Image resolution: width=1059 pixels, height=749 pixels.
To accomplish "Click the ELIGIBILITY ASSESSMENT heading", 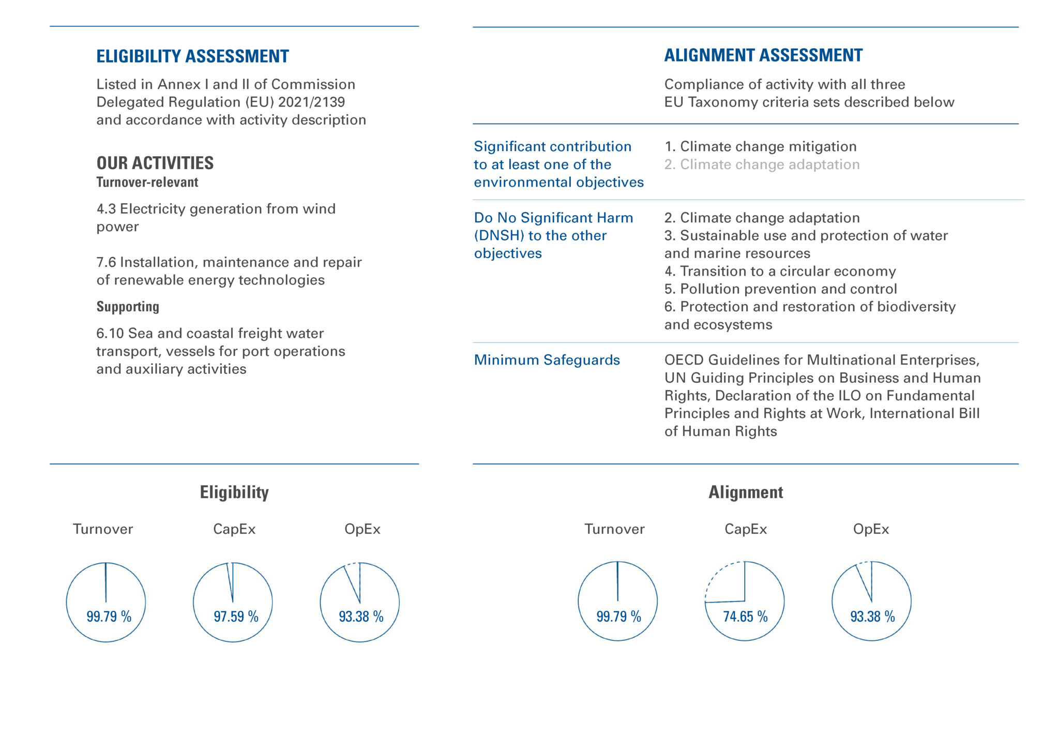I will point(192,56).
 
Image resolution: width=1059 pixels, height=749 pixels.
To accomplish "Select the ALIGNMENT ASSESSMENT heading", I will point(763,55).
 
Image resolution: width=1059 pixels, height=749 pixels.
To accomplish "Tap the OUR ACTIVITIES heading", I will point(155,163).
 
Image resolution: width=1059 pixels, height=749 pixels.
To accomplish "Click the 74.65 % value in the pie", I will point(745,616).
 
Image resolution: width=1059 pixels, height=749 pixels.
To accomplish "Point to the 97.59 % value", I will point(236,616).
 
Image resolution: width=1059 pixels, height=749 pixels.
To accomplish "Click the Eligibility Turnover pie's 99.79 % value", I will point(109,616).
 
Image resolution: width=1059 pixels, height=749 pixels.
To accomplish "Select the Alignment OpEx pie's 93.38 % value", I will point(872,616).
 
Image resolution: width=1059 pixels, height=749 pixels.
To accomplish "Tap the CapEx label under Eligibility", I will point(234,529).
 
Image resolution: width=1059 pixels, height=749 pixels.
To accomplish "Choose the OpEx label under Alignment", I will point(871,529).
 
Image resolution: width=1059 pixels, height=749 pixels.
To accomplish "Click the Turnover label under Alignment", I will point(614,529).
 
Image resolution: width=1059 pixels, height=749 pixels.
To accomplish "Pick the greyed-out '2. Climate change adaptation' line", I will point(762,164).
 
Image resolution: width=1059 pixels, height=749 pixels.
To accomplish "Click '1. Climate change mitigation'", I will point(760,146).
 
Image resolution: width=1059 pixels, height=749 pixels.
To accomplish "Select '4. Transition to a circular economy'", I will point(780,271).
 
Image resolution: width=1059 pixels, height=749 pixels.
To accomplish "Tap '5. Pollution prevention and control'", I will point(780,289).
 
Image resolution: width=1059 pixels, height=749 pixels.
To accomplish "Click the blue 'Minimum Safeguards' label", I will point(547,360).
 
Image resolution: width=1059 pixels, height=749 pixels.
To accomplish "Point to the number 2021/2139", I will point(311,102).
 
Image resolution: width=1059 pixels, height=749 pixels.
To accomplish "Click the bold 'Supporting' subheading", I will point(128,307).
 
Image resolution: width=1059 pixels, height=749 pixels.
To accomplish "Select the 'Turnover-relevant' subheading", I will point(147,182).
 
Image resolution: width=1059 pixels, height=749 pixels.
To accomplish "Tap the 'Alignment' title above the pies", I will point(745,492).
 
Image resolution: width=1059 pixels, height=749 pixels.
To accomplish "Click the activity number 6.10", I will point(110,333).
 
